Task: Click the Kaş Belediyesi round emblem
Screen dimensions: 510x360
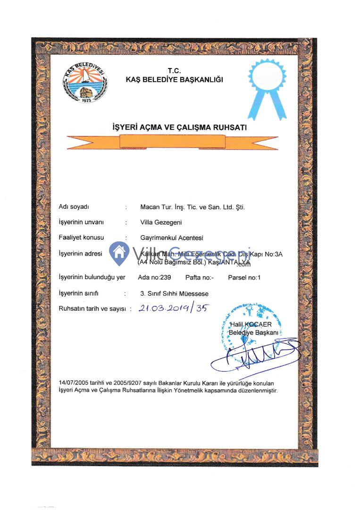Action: tap(85, 83)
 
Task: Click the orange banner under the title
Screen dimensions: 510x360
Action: tap(172, 141)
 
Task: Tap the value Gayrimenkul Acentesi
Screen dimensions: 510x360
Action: tap(172, 238)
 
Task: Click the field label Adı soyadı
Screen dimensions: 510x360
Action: tap(74, 207)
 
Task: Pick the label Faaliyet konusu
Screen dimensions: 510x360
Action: tap(81, 238)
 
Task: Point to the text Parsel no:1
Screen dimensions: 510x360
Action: tap(244, 278)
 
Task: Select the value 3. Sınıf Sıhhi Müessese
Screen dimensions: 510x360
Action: tap(174, 293)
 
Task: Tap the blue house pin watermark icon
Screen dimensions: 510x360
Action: tap(119, 253)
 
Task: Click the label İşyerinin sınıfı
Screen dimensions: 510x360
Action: tap(78, 293)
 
